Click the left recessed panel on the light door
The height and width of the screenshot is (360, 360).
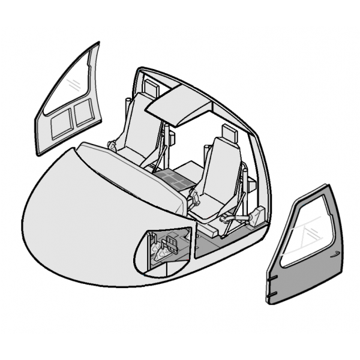tap(60, 126)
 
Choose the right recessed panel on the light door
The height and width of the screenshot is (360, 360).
tap(82, 115)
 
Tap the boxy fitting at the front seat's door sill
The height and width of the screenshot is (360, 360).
tap(258, 216)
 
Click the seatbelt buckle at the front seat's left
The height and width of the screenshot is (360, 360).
tap(195, 198)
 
